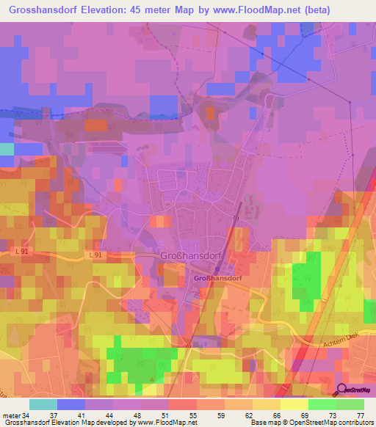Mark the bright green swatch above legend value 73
pos(322,404)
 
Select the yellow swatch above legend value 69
pos(294,404)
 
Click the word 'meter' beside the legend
pos(10,415)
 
